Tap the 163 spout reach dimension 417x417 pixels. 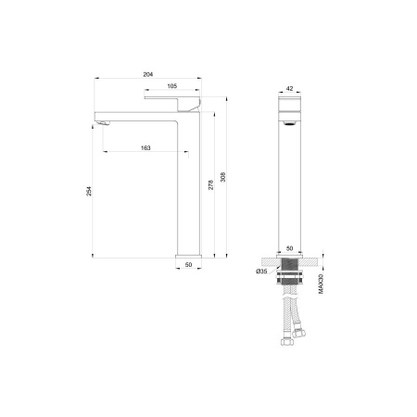pyautogui.click(x=147, y=147)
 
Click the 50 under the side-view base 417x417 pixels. pyautogui.click(x=188, y=266)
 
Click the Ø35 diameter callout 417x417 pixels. pyautogui.click(x=262, y=271)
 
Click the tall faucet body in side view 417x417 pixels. pyautogui.click(x=189, y=185)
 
